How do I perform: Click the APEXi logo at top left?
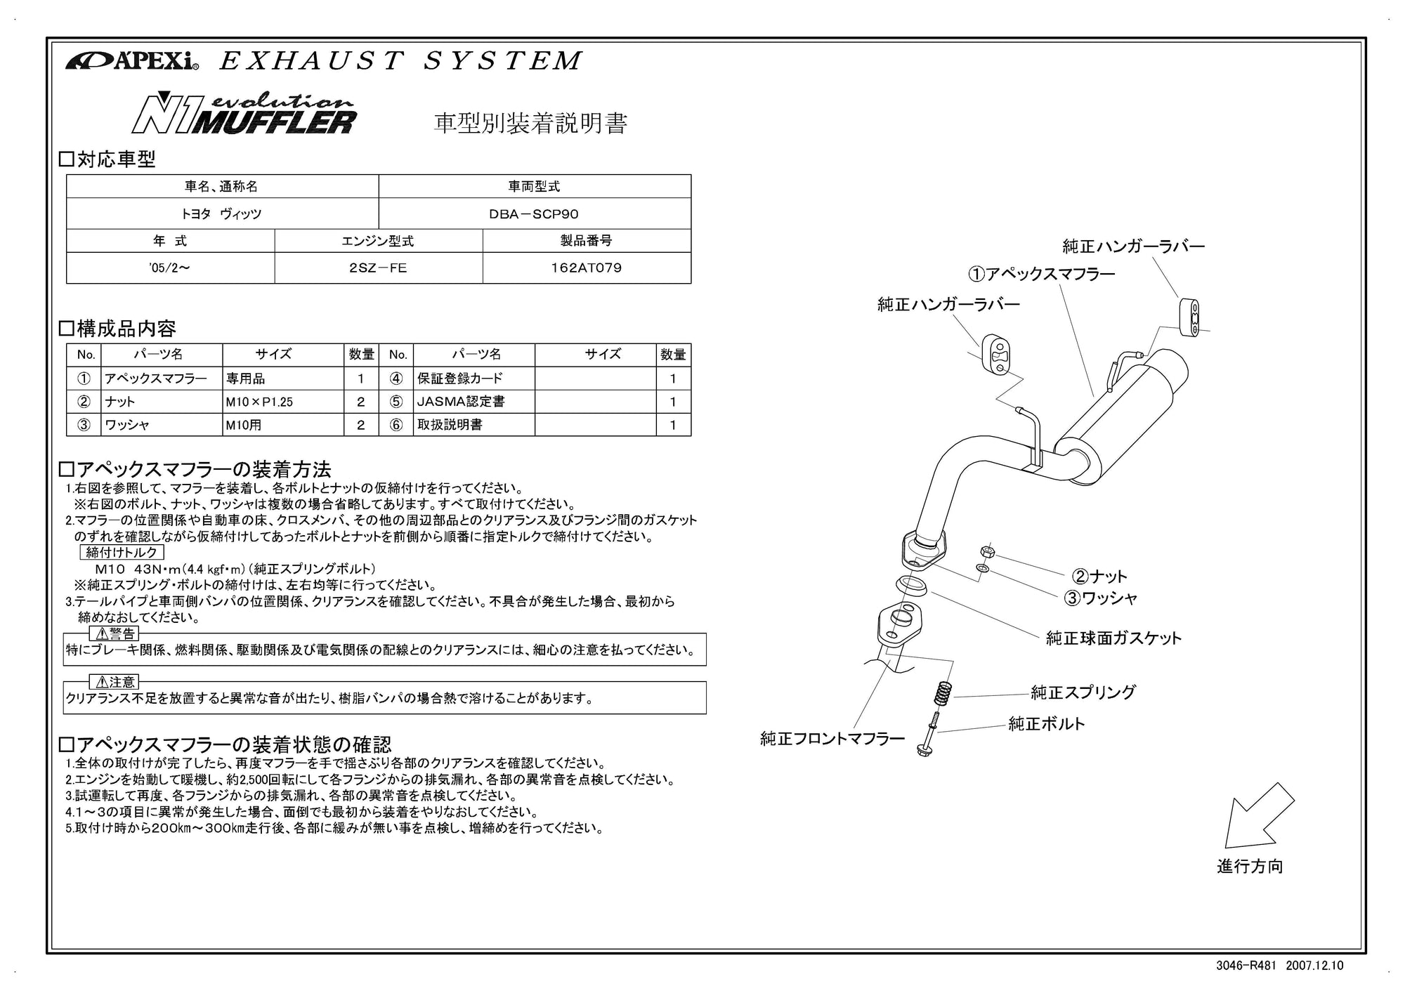point(132,62)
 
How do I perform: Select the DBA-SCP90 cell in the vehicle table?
point(534,213)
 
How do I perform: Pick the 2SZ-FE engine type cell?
point(378,268)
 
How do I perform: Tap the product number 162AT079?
point(587,268)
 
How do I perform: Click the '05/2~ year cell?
point(169,268)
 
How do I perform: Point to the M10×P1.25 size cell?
point(259,402)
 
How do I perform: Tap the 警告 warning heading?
point(115,634)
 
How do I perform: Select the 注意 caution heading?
point(115,682)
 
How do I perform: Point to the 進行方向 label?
point(1250,866)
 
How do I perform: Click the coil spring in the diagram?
point(942,695)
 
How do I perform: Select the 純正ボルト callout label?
point(1046,723)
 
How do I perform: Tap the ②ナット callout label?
point(1099,577)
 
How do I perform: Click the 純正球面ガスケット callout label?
point(1113,638)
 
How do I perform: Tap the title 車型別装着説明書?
point(530,124)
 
